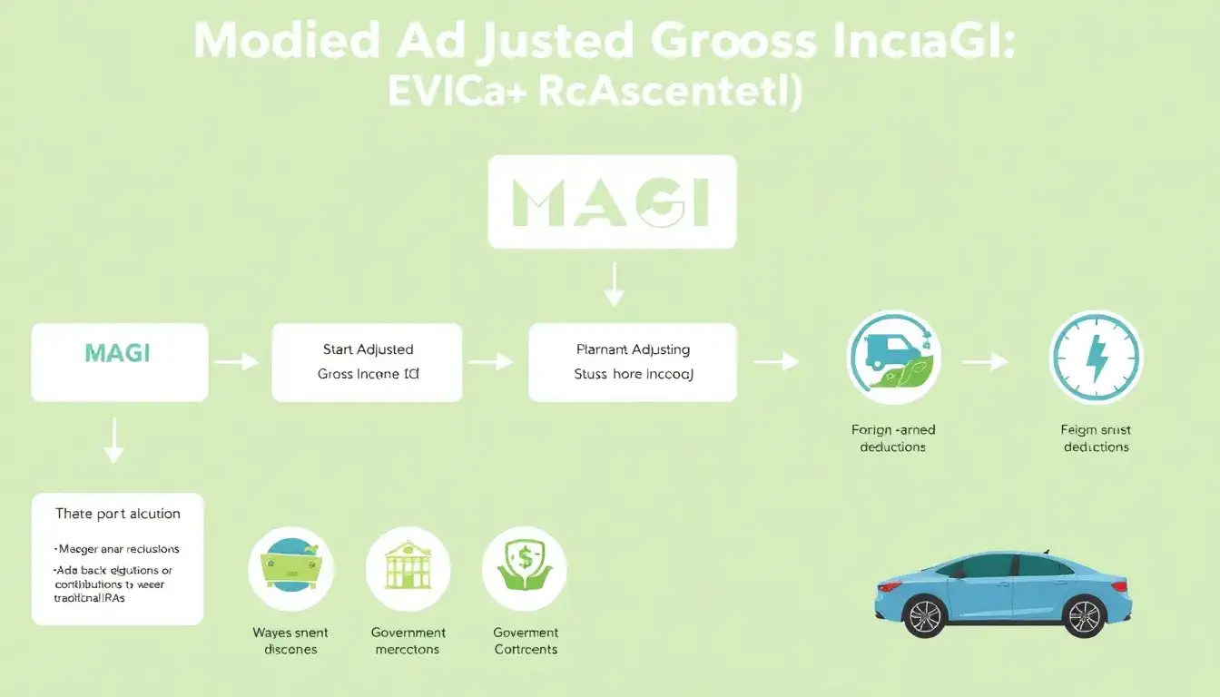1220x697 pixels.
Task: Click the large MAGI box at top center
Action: pyautogui.click(x=612, y=201)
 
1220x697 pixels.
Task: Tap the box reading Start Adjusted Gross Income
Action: pyautogui.click(x=368, y=362)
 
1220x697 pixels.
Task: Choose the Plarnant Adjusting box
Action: pyautogui.click(x=633, y=362)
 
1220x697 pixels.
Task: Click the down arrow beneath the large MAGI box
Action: pyautogui.click(x=615, y=283)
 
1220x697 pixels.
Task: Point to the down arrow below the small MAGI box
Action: pyautogui.click(x=113, y=440)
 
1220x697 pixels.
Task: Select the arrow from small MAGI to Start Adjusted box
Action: pyautogui.click(x=236, y=362)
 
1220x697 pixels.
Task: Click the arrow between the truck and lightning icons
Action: pyautogui.click(x=986, y=362)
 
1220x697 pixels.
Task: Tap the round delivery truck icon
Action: pyautogui.click(x=893, y=358)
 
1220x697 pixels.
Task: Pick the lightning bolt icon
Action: pyautogui.click(x=1096, y=358)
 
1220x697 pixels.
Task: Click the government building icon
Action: pyautogui.click(x=408, y=570)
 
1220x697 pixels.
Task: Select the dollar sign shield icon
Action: pyautogui.click(x=525, y=570)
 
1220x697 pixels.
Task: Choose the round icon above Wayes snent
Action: pyautogui.click(x=290, y=570)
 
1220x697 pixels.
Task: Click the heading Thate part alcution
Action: pyautogui.click(x=118, y=514)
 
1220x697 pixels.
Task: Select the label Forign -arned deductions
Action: pyautogui.click(x=893, y=438)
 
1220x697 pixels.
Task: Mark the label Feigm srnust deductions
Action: pyautogui.click(x=1096, y=438)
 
